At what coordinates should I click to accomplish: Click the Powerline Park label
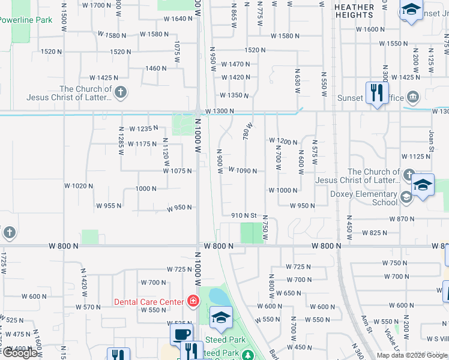click(26, 20)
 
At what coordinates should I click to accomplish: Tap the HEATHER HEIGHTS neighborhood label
click(354, 11)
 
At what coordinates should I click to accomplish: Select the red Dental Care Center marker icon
click(193, 301)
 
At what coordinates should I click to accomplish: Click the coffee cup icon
click(182, 334)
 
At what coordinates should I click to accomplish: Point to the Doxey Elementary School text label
click(364, 198)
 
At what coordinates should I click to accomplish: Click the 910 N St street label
click(244, 215)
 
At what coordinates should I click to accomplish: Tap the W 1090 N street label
click(242, 171)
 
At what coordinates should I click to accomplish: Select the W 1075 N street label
click(178, 171)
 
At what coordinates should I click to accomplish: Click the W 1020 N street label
click(79, 186)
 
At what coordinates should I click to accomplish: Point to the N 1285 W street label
click(121, 144)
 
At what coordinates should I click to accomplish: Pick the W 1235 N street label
click(143, 128)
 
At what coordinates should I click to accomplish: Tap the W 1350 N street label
click(234, 95)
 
